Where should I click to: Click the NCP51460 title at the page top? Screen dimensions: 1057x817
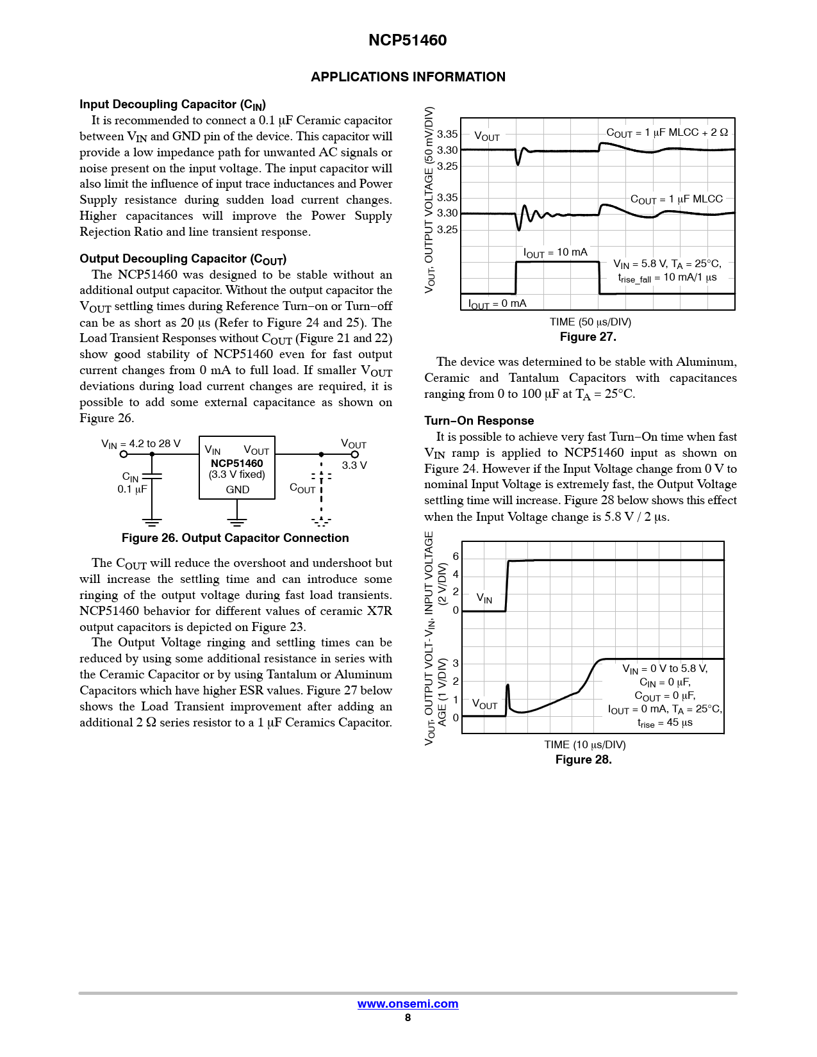point(408,40)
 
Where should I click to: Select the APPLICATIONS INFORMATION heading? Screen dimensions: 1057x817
point(408,77)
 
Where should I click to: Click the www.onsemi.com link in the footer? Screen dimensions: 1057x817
point(408,1004)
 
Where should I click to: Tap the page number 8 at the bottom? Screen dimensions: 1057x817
point(408,1017)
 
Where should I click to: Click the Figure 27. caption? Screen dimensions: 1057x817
point(588,337)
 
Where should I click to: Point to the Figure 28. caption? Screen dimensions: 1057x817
point(583,760)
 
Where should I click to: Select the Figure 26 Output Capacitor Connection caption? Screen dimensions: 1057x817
point(235,538)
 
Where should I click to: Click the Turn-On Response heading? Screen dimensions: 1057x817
point(479,421)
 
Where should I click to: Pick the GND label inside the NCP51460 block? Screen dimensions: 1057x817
point(237,489)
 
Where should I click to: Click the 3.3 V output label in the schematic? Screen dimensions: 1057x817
point(354,465)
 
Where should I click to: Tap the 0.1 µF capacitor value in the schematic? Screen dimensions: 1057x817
point(132,489)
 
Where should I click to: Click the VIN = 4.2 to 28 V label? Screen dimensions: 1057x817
point(141,444)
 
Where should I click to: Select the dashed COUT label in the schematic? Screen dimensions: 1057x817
point(302,488)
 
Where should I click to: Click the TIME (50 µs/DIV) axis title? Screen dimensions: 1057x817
point(590,322)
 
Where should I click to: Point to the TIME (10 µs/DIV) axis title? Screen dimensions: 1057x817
point(585,745)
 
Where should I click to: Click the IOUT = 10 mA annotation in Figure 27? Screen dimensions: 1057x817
point(555,253)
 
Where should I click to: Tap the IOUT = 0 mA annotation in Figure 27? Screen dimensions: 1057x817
point(497,304)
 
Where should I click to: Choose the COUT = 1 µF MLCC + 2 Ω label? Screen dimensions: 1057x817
point(667,133)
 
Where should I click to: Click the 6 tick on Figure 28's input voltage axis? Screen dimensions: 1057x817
point(456,557)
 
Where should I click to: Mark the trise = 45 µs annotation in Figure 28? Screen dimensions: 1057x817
point(664,723)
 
